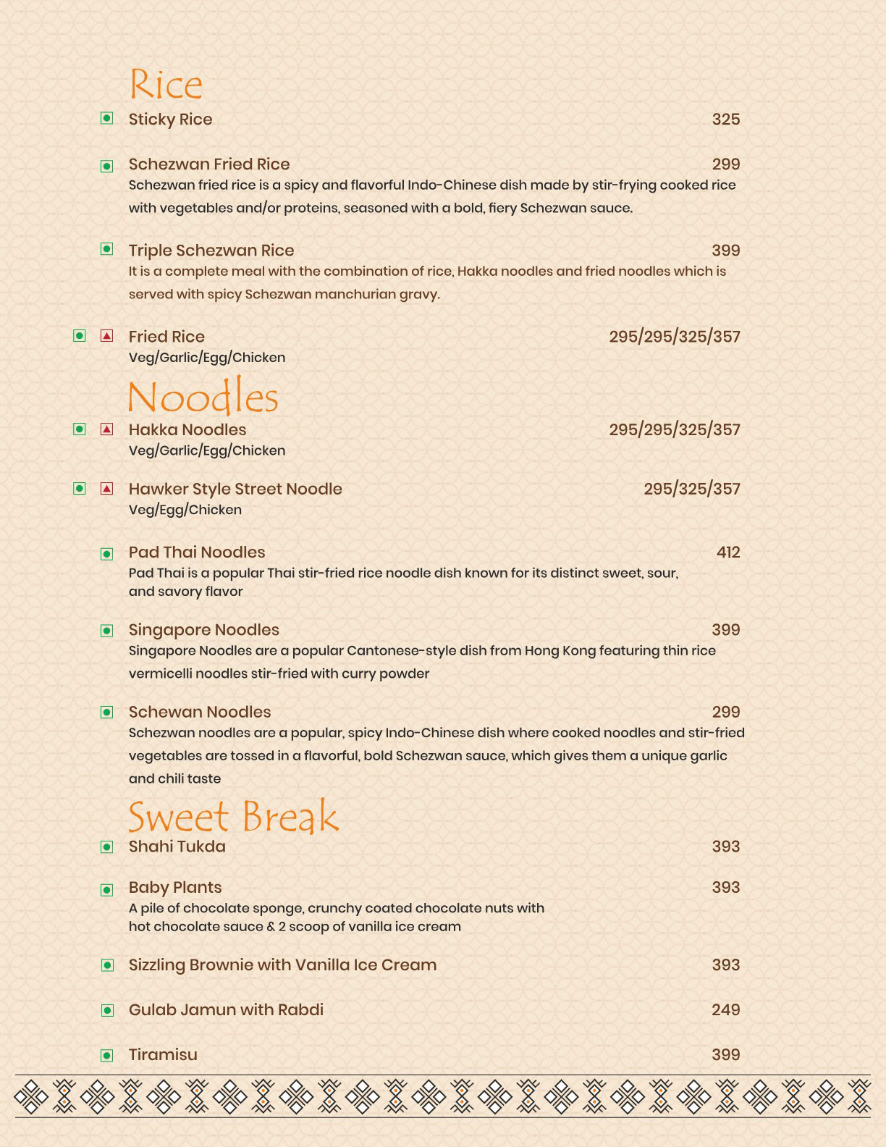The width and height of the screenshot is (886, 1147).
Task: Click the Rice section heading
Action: coord(166,85)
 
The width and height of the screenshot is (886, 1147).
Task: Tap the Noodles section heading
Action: coord(203,397)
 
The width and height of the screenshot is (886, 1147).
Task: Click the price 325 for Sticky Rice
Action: coord(725,119)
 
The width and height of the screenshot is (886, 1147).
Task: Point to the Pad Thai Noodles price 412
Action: coord(727,553)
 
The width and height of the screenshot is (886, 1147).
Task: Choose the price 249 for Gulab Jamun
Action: coord(725,1010)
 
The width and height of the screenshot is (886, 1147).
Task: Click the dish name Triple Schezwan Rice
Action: coord(211,251)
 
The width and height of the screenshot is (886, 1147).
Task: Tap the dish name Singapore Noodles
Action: coord(204,630)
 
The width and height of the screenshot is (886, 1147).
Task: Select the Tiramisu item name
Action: coord(163,1055)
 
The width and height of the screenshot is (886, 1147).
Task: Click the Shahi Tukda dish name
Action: coord(177,846)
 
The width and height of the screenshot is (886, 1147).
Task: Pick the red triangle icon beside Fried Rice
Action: coord(107,336)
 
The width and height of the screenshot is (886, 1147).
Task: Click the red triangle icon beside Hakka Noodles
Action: coord(107,429)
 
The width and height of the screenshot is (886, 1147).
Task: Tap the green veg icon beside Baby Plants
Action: coord(107,890)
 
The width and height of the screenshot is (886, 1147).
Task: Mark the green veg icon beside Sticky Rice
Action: coord(107,118)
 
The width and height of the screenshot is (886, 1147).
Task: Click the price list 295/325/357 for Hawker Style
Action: coord(692,489)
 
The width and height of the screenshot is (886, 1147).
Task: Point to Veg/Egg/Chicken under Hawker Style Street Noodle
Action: coord(185,510)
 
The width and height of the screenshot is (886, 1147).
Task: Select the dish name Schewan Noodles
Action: coord(200,712)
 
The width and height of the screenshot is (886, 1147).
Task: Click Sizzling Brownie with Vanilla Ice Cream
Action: coord(282,965)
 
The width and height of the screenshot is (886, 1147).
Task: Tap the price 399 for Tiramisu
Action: coord(725,1055)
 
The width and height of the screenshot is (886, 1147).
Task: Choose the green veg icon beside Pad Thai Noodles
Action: coord(107,555)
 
